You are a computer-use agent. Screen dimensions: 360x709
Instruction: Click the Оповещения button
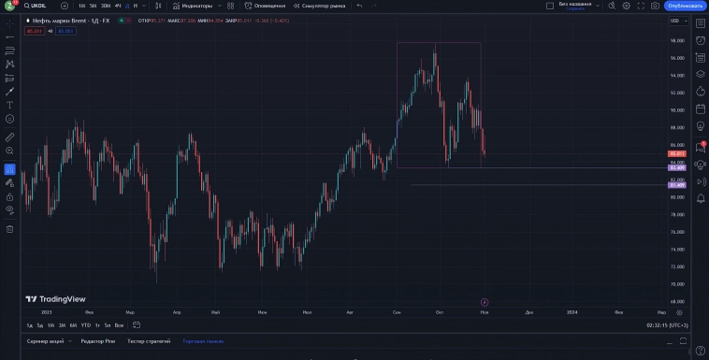tap(269, 6)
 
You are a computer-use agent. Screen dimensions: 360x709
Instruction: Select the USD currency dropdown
tap(674, 20)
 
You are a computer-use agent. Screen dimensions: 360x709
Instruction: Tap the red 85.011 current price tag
tap(678, 153)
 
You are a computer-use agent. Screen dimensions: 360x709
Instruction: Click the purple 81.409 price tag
tap(678, 185)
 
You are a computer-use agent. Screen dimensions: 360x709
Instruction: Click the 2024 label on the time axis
tap(572, 311)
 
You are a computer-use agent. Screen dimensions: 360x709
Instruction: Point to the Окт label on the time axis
tap(440, 311)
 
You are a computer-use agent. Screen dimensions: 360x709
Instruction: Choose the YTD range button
tap(85, 324)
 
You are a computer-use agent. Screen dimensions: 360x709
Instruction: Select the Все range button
tap(119, 324)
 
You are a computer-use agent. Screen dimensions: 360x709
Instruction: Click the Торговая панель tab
tap(203, 341)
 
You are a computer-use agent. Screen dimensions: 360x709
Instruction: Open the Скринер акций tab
tap(46, 341)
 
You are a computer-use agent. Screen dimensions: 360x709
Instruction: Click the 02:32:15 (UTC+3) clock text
tap(667, 324)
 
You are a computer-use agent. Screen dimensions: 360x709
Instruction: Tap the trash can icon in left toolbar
tap(9, 228)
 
